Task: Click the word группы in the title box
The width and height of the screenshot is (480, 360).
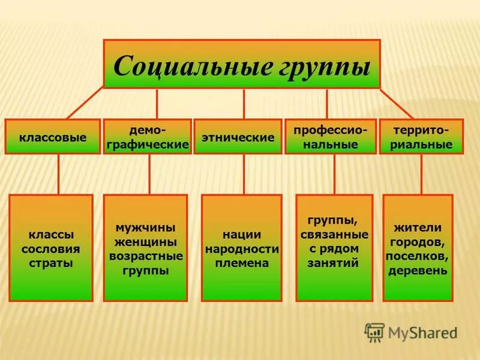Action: tap(325, 66)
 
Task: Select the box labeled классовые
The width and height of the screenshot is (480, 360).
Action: tap(52, 137)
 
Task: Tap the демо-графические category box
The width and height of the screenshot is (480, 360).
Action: tap(148, 137)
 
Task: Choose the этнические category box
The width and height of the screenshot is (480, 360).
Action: tap(238, 137)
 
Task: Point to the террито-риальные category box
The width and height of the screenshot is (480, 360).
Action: tap(421, 137)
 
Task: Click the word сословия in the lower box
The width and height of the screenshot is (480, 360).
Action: tap(50, 248)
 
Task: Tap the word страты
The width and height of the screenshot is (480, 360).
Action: tap(50, 263)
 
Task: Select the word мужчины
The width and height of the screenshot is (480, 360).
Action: tap(146, 228)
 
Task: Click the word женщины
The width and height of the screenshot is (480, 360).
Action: tap(146, 242)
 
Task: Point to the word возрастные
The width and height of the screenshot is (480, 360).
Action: tap(146, 256)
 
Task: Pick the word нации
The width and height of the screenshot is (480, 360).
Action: tap(242, 235)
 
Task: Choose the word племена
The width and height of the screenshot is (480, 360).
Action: tap(242, 263)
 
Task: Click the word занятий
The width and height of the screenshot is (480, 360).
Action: tap(334, 262)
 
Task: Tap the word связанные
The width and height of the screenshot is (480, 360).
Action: tap(334, 234)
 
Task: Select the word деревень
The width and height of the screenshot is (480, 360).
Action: tap(418, 270)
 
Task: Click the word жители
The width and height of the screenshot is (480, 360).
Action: tap(418, 228)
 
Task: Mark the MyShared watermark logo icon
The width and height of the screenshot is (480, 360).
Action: tap(374, 332)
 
